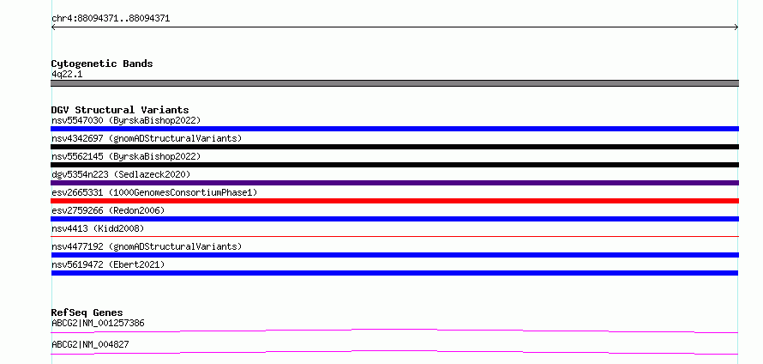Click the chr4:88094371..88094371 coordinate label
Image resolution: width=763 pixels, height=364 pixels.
click(x=111, y=19)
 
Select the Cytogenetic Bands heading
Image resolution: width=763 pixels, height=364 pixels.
click(x=102, y=64)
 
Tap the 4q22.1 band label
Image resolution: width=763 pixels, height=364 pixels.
click(x=67, y=75)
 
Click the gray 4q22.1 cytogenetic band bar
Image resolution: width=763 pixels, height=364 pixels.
click(x=394, y=83)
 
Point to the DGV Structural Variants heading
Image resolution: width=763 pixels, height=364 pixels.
click(x=120, y=110)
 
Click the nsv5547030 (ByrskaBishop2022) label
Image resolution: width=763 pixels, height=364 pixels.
click(x=126, y=120)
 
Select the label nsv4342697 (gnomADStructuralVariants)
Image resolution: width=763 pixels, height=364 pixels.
click(x=147, y=138)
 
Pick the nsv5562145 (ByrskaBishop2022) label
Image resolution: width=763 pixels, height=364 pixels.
click(x=126, y=156)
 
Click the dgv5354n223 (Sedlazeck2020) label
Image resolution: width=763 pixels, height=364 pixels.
click(x=121, y=174)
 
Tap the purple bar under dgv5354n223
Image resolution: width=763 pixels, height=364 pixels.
click(x=394, y=183)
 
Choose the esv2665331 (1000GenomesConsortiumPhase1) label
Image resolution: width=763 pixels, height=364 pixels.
click(x=154, y=192)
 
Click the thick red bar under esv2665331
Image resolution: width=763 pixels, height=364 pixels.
click(x=394, y=201)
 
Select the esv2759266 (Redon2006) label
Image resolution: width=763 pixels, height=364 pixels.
click(x=108, y=210)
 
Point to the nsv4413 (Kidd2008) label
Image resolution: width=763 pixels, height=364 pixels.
click(x=98, y=228)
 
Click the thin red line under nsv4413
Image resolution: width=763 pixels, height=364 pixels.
click(x=394, y=236)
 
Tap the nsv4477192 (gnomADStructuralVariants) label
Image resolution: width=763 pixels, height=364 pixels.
click(x=147, y=246)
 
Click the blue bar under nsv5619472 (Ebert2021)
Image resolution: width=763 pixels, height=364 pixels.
click(x=394, y=273)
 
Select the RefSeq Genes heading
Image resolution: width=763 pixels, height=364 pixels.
click(x=87, y=312)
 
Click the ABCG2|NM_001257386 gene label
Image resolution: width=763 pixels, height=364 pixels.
click(x=98, y=323)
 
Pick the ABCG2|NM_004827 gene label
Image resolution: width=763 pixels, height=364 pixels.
click(x=90, y=344)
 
